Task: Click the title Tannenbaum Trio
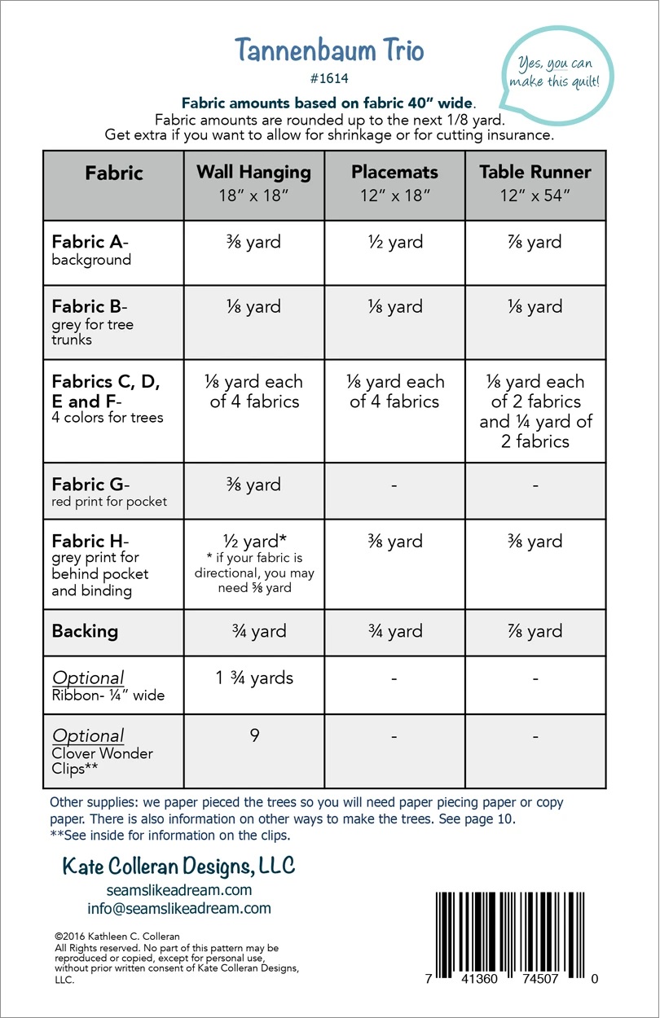(329, 50)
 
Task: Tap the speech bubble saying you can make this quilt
(561, 72)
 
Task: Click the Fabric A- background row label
(91, 250)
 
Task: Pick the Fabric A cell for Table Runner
(535, 242)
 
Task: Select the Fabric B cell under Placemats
(394, 307)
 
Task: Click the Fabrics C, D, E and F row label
(106, 399)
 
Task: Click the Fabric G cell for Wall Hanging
(253, 485)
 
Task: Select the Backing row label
(85, 631)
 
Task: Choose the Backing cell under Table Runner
(535, 631)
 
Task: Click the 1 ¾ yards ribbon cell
(253, 678)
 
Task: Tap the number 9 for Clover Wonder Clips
(254, 735)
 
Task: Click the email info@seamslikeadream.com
(179, 908)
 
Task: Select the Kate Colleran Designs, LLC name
(179, 866)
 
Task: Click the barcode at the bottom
(516, 929)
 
